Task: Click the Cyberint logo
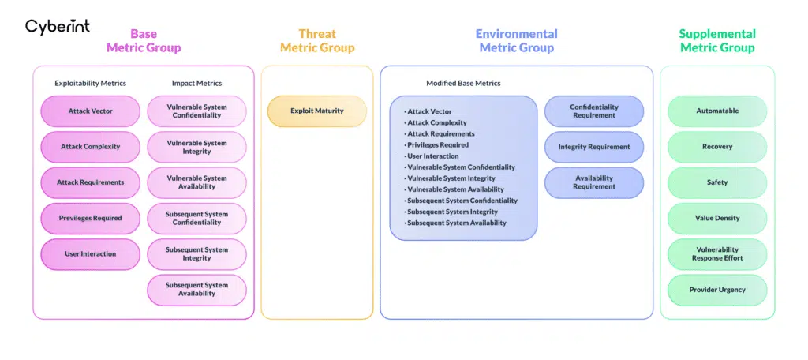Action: (x=58, y=27)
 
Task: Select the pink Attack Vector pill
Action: (x=90, y=111)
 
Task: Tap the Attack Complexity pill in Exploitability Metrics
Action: (x=90, y=147)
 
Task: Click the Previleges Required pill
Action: (x=90, y=219)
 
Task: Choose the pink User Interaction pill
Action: (x=90, y=254)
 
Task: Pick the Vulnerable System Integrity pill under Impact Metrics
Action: (x=196, y=147)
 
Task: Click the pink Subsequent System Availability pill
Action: (x=196, y=290)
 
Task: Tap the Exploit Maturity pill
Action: (x=317, y=111)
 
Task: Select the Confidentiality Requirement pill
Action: (x=594, y=111)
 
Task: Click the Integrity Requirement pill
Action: (x=594, y=147)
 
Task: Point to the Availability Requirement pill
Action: (x=594, y=182)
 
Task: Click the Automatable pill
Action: (x=717, y=111)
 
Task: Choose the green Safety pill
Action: (x=717, y=182)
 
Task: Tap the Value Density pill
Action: (x=717, y=219)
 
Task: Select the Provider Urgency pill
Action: (x=717, y=290)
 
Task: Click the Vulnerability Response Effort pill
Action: (x=717, y=254)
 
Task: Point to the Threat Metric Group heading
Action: (x=317, y=40)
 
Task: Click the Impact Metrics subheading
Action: (x=196, y=83)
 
